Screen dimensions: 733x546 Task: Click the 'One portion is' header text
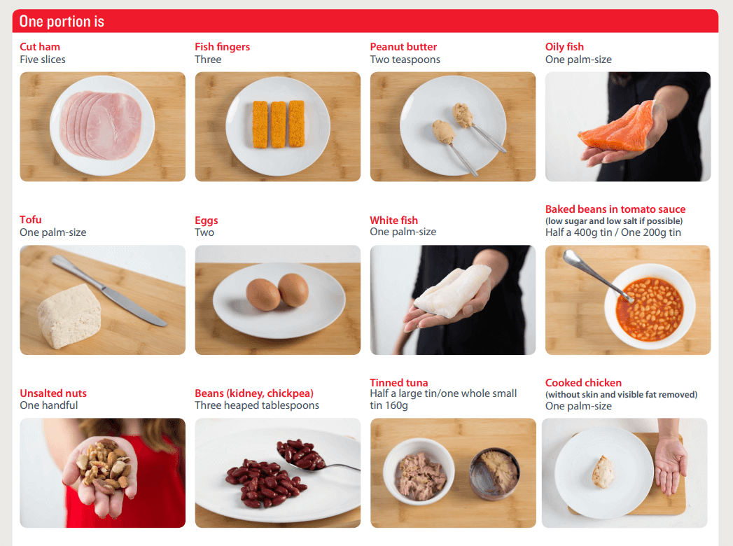[62, 22]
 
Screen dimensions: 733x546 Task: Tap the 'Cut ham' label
[40, 47]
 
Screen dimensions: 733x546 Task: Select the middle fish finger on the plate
[278, 125]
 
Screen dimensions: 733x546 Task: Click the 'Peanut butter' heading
[403, 47]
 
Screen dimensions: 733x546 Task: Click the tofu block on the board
[69, 316]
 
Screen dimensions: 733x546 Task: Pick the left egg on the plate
[263, 295]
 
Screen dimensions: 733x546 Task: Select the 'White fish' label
[393, 220]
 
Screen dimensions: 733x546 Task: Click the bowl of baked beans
[650, 306]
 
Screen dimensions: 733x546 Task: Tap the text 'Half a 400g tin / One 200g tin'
[613, 232]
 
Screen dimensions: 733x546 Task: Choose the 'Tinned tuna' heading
[399, 382]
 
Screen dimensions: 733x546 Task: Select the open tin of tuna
[494, 474]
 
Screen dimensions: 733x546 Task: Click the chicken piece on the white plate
[603, 472]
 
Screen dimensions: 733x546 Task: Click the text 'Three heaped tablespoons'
[257, 405]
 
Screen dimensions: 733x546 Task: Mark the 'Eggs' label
[206, 220]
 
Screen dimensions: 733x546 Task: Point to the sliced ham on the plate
[101, 125]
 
